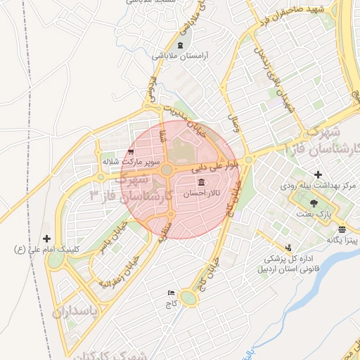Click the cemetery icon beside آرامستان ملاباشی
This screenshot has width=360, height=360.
(x=181, y=46)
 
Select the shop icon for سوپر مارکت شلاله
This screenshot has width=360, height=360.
(x=131, y=152)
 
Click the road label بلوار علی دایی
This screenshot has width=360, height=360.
(x=217, y=166)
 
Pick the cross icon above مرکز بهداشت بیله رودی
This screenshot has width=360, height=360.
(x=318, y=174)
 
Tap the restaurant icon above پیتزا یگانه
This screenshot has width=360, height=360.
(x=342, y=229)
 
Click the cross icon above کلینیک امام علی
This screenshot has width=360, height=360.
(x=47, y=239)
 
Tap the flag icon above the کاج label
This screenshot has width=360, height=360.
(x=171, y=292)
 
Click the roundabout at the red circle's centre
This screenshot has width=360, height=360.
(x=167, y=170)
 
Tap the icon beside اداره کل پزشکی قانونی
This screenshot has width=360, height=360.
(x=288, y=247)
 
